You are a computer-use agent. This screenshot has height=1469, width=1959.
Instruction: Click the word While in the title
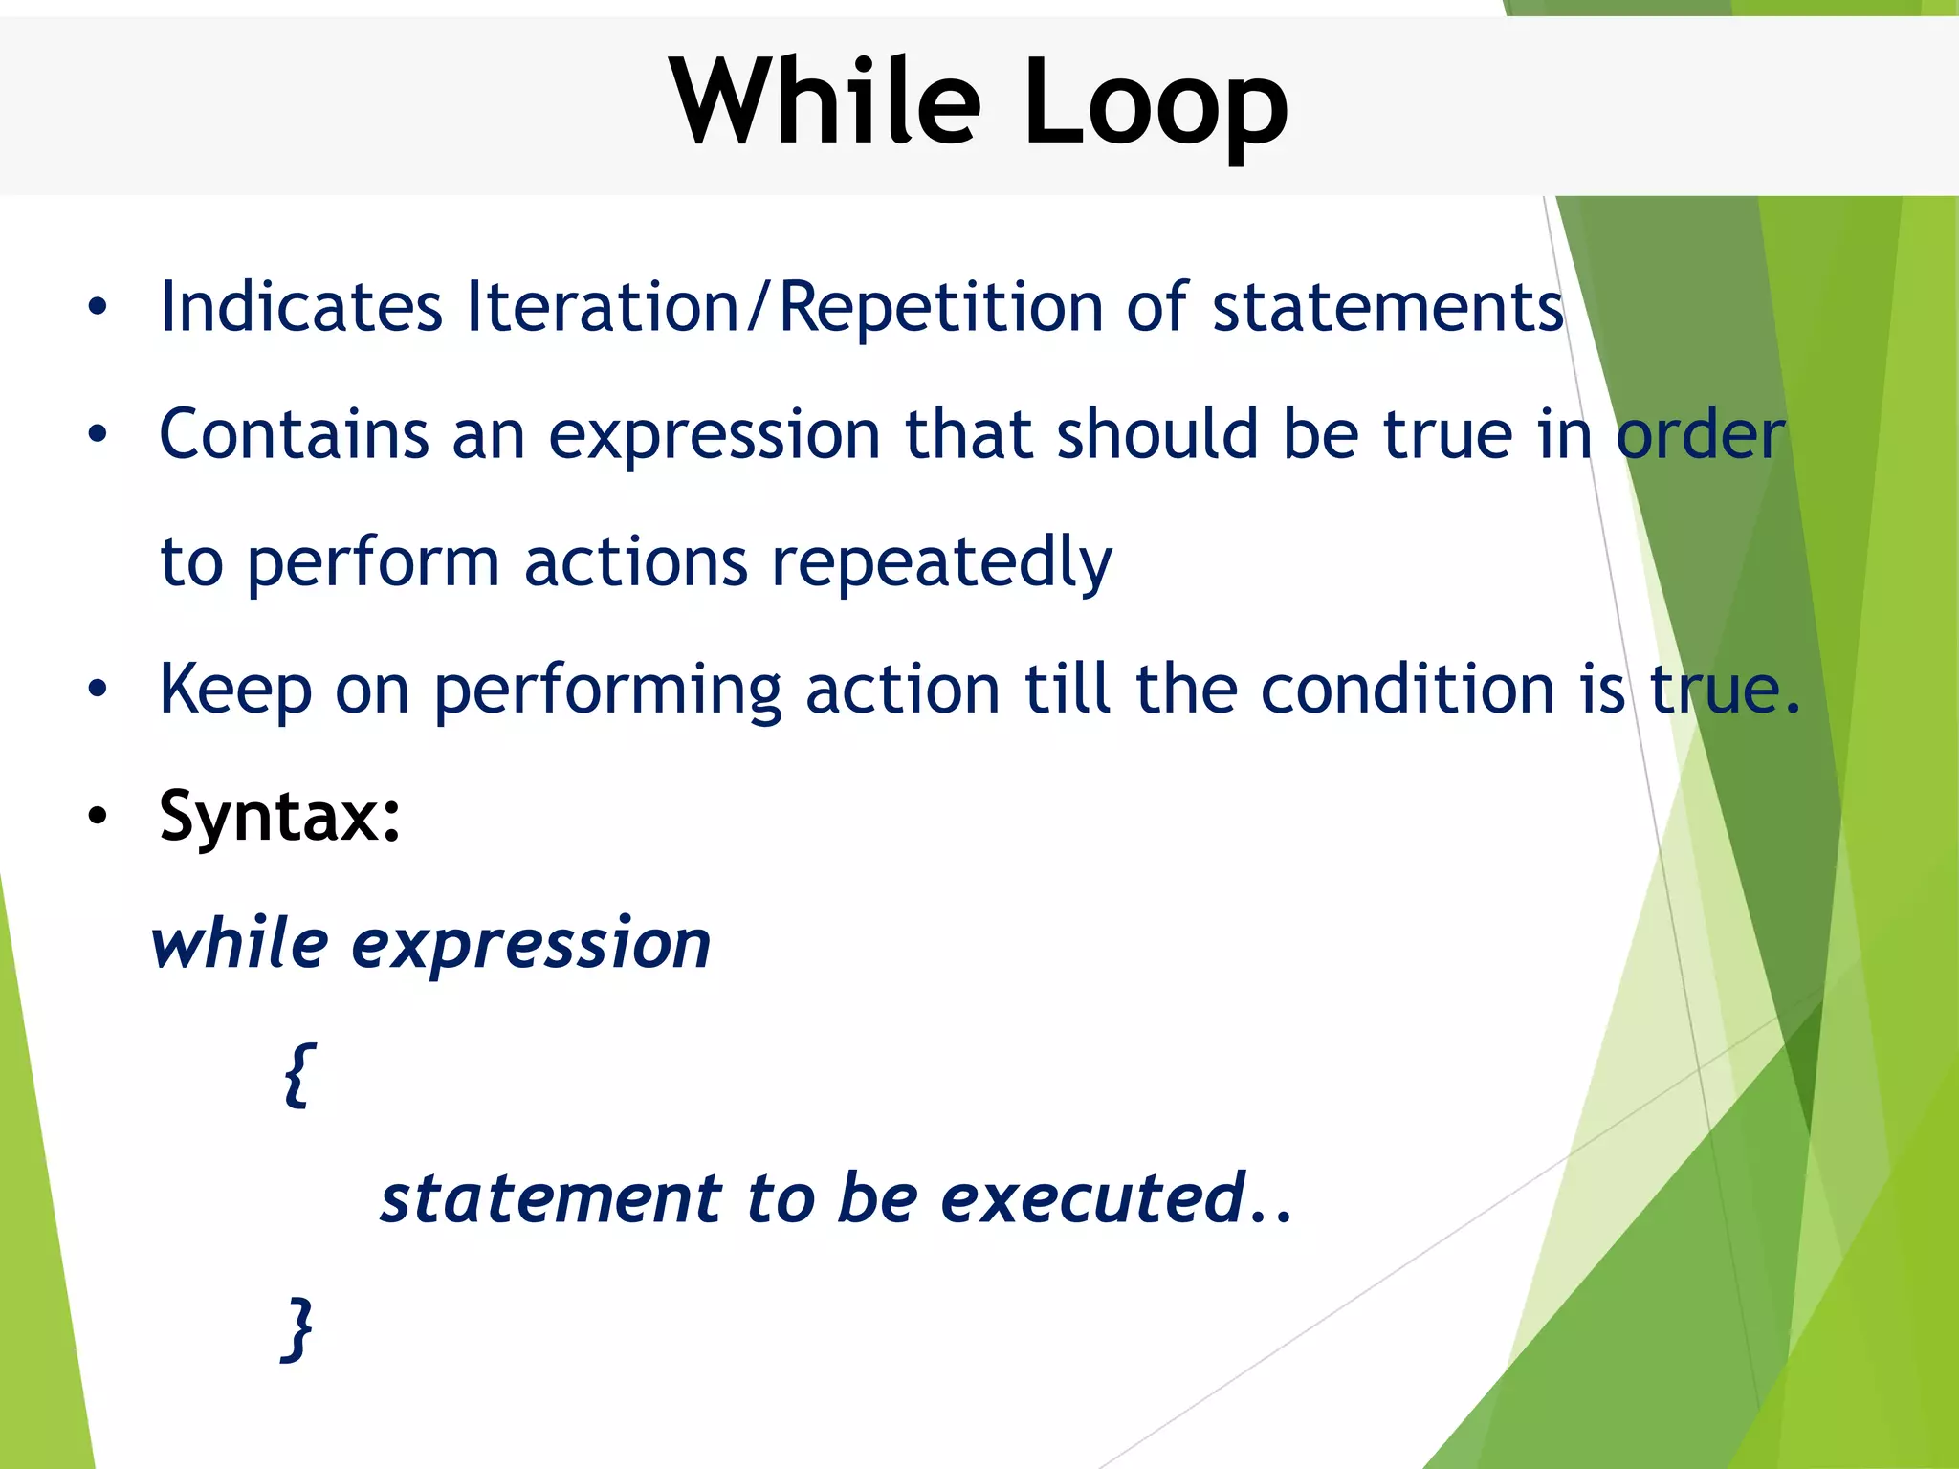click(x=825, y=101)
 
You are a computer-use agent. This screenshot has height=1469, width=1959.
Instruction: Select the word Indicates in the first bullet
click(x=301, y=307)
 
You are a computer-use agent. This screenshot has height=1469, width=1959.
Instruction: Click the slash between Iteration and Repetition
click(x=759, y=307)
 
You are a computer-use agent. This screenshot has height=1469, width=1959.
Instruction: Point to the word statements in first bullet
click(x=1387, y=307)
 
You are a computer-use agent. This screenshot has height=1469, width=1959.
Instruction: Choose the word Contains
click(x=294, y=434)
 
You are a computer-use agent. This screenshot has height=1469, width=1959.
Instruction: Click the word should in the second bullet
click(x=1156, y=434)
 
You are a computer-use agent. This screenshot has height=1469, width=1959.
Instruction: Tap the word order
click(x=1700, y=434)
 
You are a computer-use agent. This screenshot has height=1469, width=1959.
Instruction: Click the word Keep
click(x=235, y=691)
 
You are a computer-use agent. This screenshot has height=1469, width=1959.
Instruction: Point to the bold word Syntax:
click(x=280, y=818)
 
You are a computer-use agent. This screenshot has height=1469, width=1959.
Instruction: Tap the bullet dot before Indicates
click(x=97, y=308)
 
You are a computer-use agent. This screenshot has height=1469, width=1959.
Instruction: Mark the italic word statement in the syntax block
click(x=551, y=1198)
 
